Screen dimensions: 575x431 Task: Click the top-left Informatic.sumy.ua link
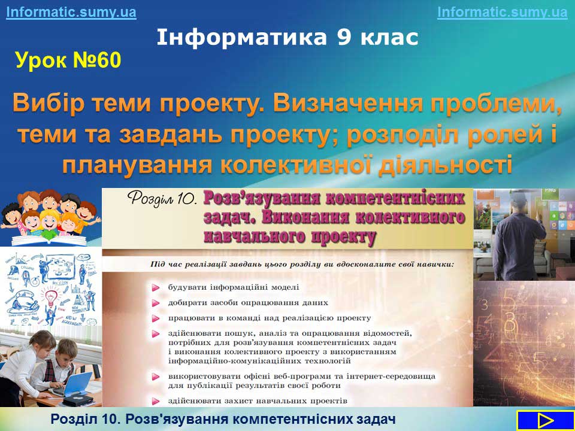pos(71,12)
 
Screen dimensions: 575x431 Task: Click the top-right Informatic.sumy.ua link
pos(503,12)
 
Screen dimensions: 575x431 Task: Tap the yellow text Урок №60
pos(68,60)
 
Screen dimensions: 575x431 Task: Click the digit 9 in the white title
pos(344,37)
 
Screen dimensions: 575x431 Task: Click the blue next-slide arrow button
pos(545,420)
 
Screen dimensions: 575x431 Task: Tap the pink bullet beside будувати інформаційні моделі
pos(156,288)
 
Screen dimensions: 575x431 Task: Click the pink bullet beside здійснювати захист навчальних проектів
pos(156,401)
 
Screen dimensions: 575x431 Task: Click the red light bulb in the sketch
pos(50,298)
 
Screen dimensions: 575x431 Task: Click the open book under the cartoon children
pos(49,240)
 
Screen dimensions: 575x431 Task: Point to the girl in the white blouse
pos(26,366)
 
